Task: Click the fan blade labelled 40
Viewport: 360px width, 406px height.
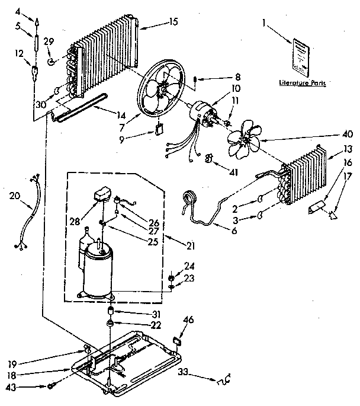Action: pyautogui.click(x=243, y=138)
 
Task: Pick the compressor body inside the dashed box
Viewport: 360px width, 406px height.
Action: pyautogui.click(x=98, y=271)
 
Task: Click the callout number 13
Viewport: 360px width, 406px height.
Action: pyautogui.click(x=348, y=149)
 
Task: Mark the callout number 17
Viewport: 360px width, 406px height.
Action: pyautogui.click(x=348, y=176)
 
